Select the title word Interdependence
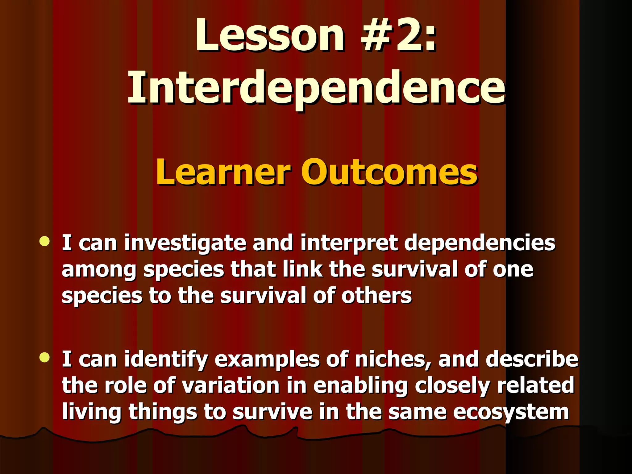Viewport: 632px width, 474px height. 316,88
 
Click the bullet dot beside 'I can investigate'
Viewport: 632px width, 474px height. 45,241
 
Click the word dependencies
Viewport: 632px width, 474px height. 480,243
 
